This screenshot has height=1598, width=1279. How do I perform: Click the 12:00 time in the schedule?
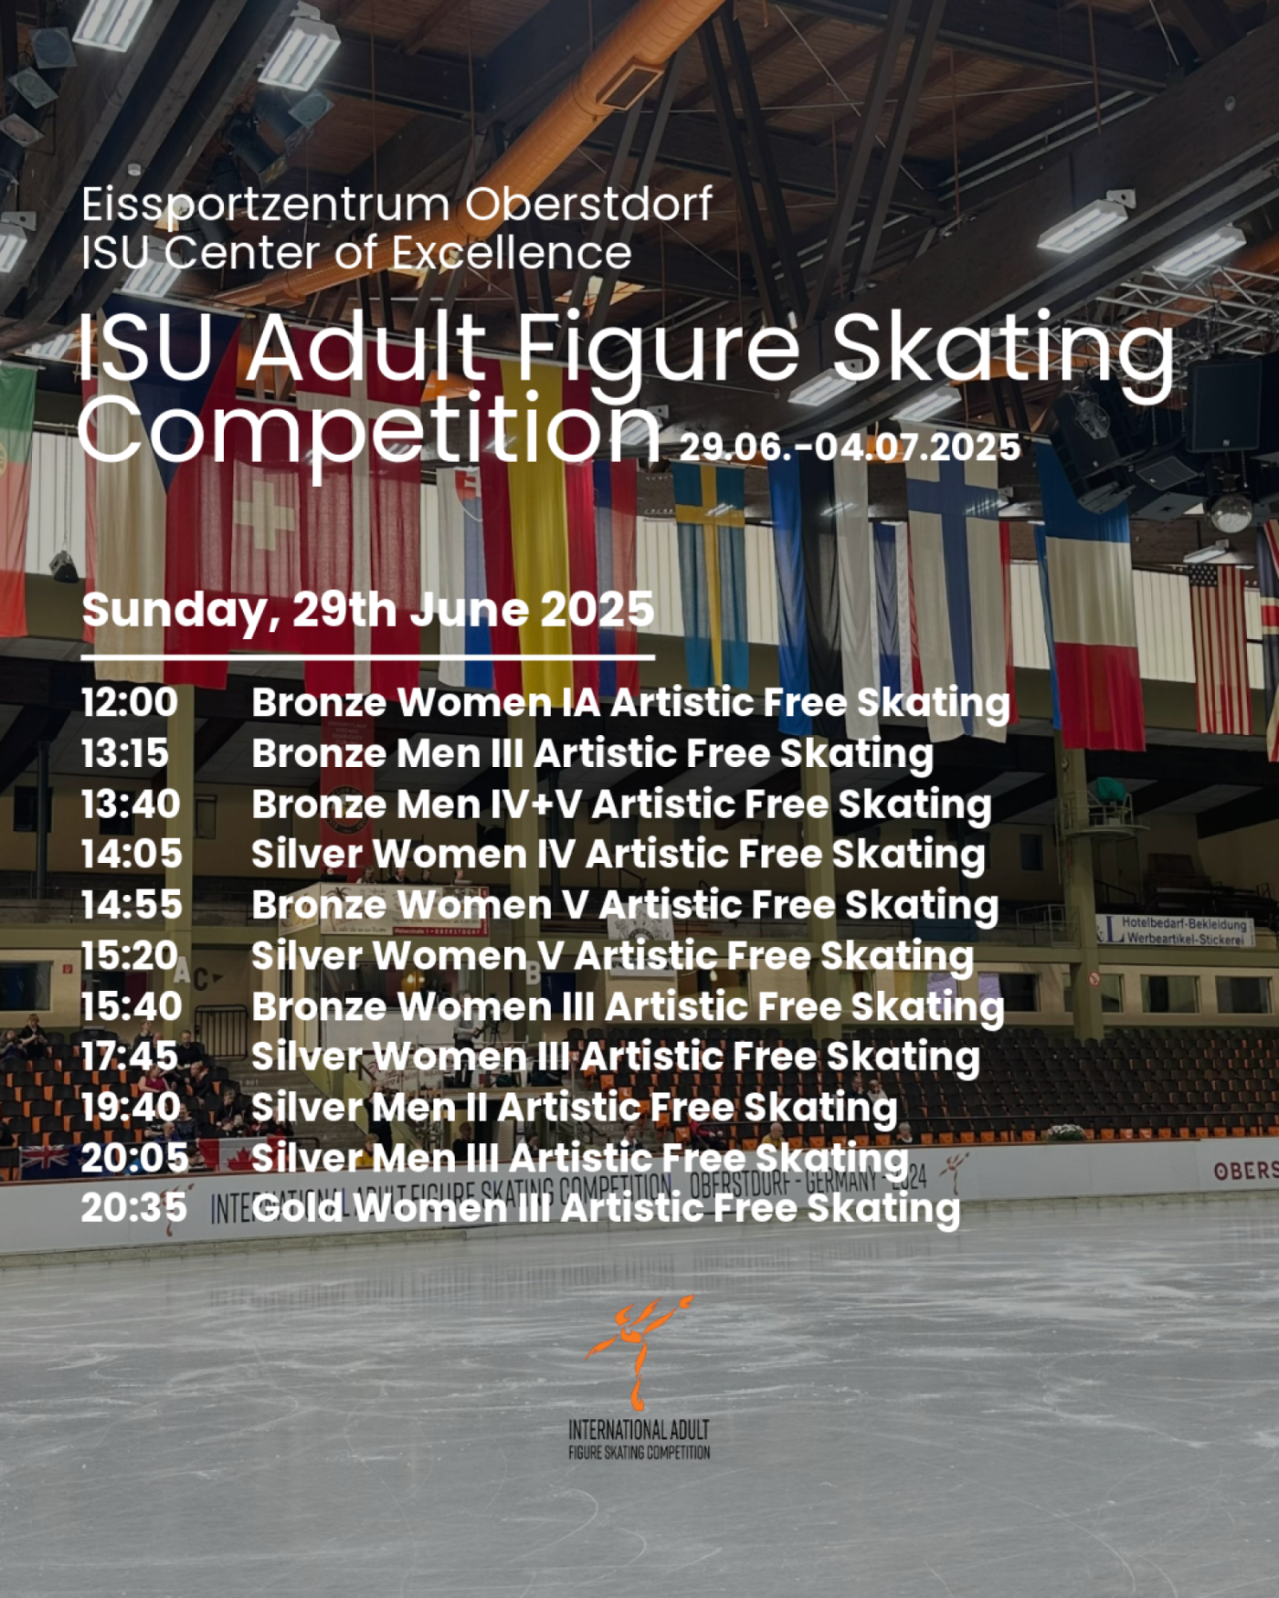pos(130,702)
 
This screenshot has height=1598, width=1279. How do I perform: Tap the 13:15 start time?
pos(125,753)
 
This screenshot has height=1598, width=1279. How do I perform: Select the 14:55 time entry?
pos(132,905)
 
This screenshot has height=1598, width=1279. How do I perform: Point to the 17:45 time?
pos(130,1057)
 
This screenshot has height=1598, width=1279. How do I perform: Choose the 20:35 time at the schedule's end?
pos(134,1208)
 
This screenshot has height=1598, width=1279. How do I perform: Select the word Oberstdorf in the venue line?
pos(589,204)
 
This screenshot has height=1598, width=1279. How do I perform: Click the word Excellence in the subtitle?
pos(512,253)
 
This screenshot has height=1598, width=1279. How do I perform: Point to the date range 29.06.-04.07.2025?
pos(850,447)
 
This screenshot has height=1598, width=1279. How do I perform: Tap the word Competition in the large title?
pos(371,430)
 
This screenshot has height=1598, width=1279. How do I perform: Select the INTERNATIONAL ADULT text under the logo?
pos(639,1430)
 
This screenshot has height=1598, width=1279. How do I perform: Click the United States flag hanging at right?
pos(1221,648)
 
